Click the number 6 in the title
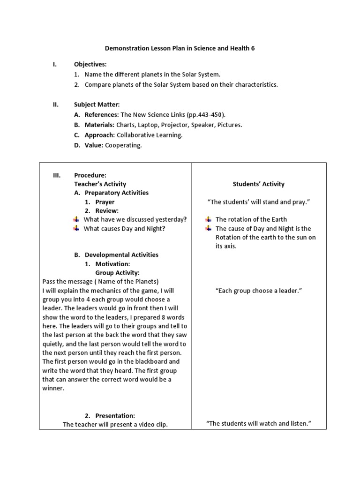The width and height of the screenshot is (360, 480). [x=253, y=48]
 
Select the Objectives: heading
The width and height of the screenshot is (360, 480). [x=90, y=64]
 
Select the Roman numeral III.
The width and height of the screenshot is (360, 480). [x=57, y=175]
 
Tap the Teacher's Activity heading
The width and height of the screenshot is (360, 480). [x=100, y=184]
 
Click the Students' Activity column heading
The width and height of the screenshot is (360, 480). [x=258, y=184]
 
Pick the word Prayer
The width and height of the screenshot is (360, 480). [x=105, y=202]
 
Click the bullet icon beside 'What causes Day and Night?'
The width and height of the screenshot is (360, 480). [x=76, y=228]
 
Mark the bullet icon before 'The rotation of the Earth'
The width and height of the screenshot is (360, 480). [x=208, y=219]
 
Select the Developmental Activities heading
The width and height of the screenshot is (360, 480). [x=121, y=255]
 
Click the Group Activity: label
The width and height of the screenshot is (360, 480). [x=117, y=273]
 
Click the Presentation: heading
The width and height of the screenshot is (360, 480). [x=115, y=416]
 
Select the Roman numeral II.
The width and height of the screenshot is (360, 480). [x=55, y=105]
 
